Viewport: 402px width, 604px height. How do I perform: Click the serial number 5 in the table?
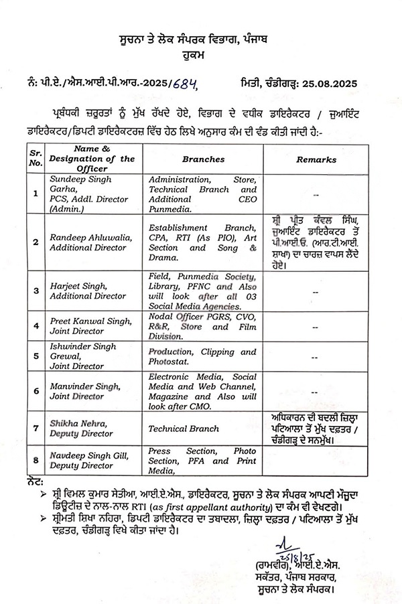(36, 357)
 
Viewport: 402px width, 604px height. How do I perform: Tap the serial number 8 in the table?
(36, 460)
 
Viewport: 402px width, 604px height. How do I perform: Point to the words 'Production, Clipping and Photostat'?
(202, 356)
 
